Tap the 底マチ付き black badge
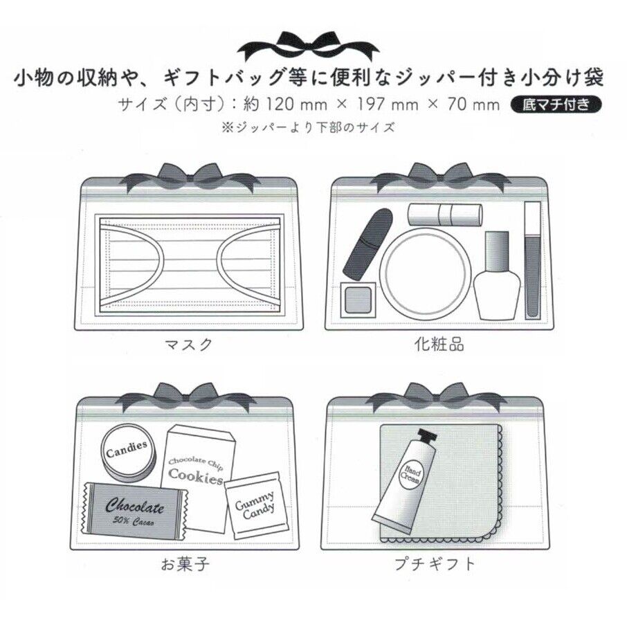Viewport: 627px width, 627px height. click(552, 105)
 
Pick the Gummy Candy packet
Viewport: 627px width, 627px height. click(253, 503)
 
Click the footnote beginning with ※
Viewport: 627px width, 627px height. click(308, 127)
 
